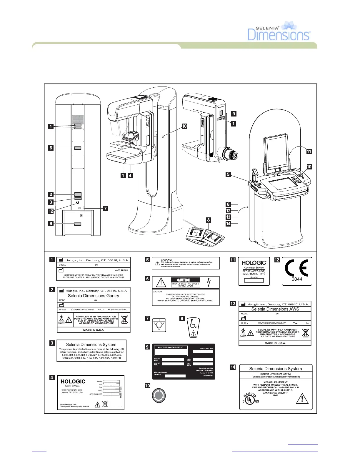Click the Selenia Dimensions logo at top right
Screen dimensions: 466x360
(x=279, y=31)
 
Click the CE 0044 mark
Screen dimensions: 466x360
(x=297, y=270)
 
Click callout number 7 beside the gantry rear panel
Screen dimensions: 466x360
(x=105, y=209)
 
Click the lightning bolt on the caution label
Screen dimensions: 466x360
(x=209, y=282)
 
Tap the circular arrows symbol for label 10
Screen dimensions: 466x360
(x=159, y=395)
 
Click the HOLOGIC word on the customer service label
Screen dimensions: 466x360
(x=254, y=263)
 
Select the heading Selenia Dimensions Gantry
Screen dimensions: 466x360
(x=94, y=296)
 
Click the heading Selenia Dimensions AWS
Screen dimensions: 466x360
(x=275, y=309)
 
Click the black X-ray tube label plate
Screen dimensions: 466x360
(x=184, y=362)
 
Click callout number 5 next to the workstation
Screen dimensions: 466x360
(x=228, y=174)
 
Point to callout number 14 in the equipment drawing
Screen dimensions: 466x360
(x=228, y=224)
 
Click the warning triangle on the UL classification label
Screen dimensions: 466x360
(x=302, y=399)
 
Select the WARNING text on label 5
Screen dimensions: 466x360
(x=166, y=260)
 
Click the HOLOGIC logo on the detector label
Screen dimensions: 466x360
(x=73, y=382)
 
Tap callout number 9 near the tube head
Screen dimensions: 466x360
(x=234, y=114)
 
